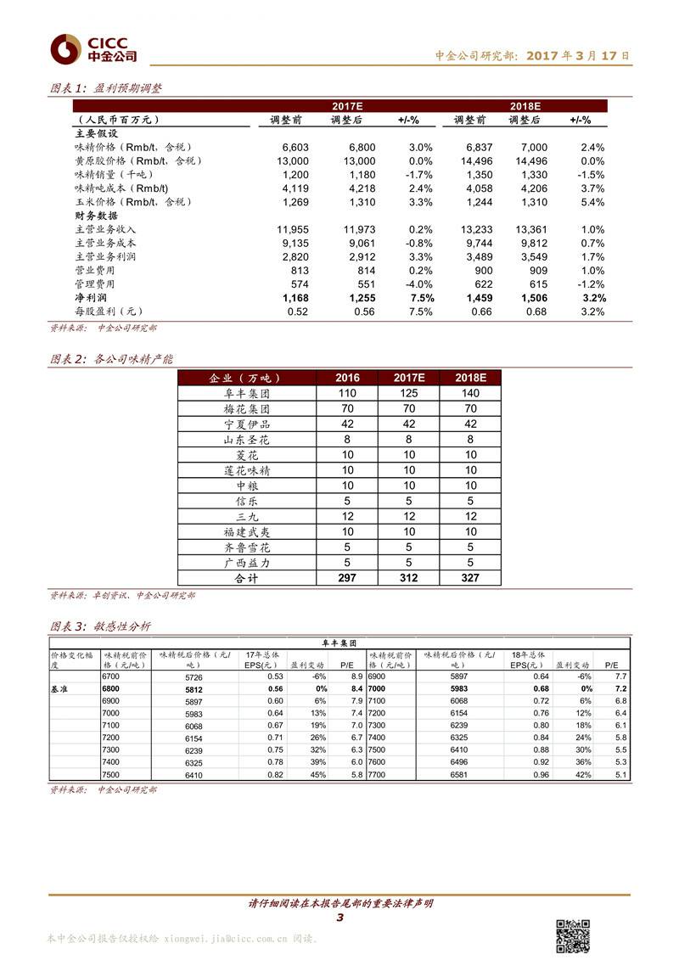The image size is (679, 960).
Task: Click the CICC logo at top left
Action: tap(93, 49)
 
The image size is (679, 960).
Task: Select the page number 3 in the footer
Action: tap(339, 918)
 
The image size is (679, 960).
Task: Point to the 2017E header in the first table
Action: tap(347, 106)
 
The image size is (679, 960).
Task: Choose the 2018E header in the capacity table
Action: tap(469, 378)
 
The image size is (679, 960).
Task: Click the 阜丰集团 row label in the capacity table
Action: tap(246, 393)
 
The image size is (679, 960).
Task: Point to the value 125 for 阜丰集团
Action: tap(409, 393)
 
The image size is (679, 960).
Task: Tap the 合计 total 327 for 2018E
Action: tap(469, 578)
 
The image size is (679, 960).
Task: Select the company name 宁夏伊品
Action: tap(246, 424)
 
